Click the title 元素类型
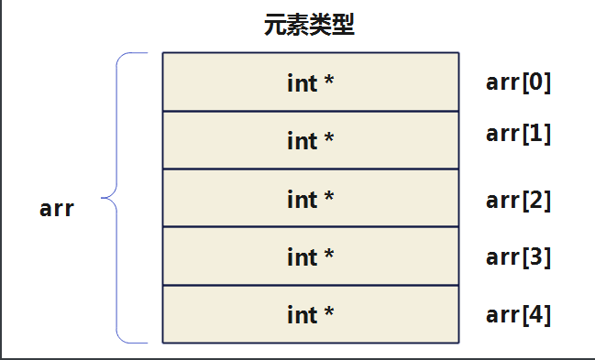[x=309, y=25]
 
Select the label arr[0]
[x=518, y=83]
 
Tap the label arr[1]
[x=518, y=133]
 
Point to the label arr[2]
[x=518, y=200]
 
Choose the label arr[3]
[x=518, y=257]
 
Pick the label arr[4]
[x=518, y=315]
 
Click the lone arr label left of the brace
[x=57, y=208]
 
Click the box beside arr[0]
[x=311, y=82]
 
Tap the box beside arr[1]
[x=311, y=140]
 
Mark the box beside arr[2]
[x=311, y=198]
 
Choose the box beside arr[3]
[x=311, y=256]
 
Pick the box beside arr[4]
[x=311, y=314]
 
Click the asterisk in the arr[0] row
[x=328, y=81]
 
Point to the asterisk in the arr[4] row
[x=328, y=313]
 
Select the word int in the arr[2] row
[x=301, y=199]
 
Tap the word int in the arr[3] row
[x=301, y=257]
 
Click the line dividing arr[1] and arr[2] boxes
[x=311, y=169]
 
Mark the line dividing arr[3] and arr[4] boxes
[x=311, y=286]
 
